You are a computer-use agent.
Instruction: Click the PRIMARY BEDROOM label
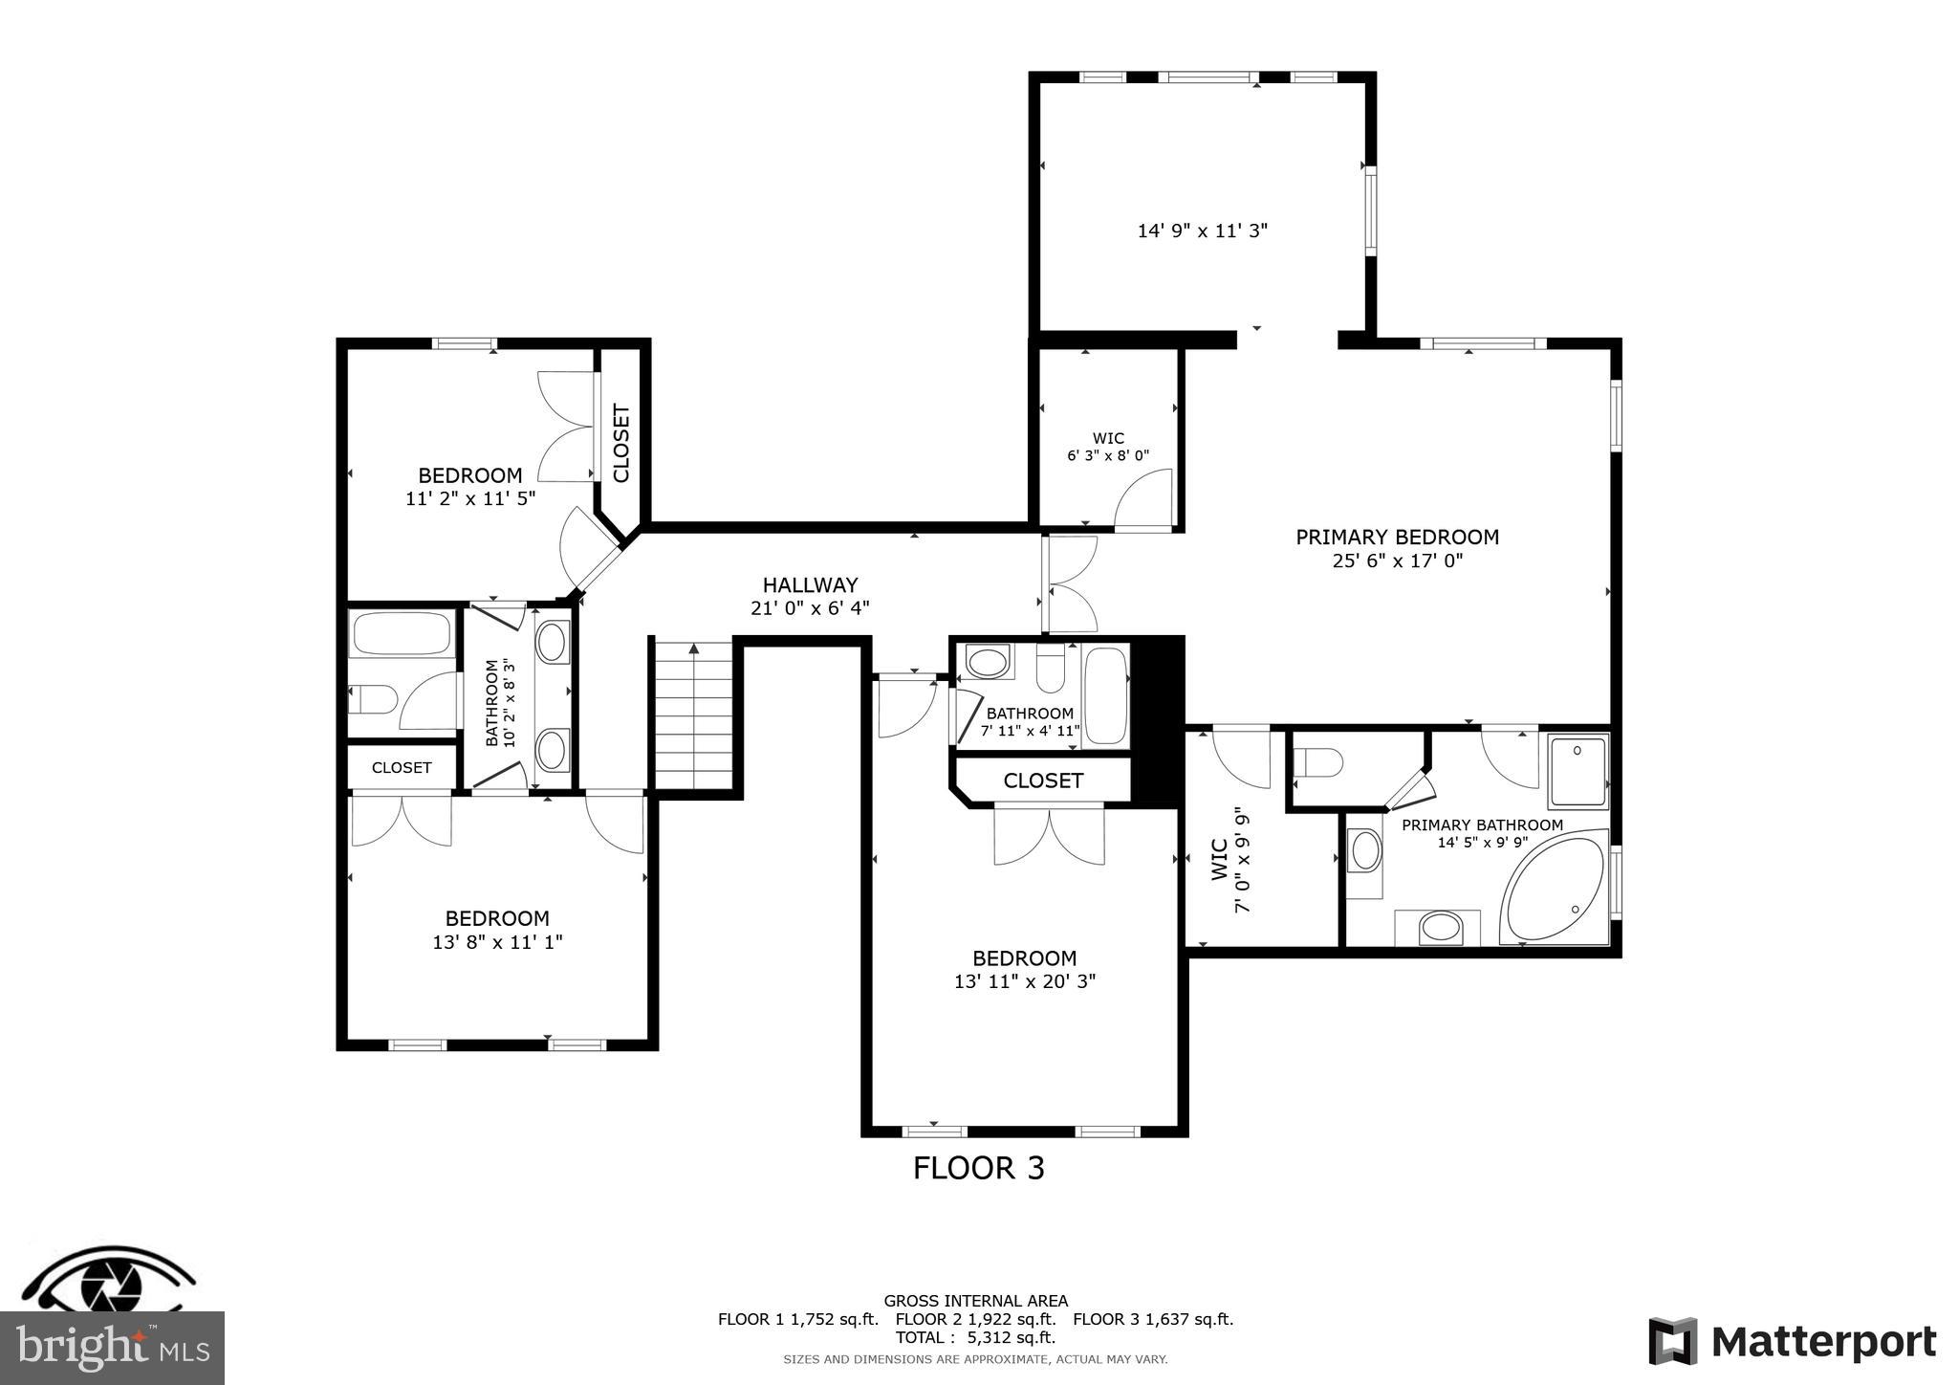click(x=1397, y=538)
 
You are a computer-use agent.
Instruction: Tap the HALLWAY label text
click(x=810, y=585)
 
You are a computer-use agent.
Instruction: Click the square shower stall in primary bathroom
click(x=1578, y=771)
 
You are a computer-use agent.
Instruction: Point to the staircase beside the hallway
click(x=694, y=714)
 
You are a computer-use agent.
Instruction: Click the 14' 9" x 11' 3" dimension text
click(x=1202, y=231)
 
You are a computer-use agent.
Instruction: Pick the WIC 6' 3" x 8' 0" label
click(x=1108, y=448)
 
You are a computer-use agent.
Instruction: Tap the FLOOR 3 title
click(x=978, y=1169)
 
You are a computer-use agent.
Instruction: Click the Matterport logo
click(x=1792, y=1341)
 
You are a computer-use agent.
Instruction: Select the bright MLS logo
click(x=112, y=1348)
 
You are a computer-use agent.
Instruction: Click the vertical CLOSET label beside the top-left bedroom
click(x=621, y=443)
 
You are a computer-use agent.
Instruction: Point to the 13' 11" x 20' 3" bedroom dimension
click(x=1024, y=981)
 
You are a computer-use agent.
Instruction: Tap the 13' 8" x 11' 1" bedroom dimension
click(x=497, y=942)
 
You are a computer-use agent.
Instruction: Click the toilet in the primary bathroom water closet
click(x=1317, y=763)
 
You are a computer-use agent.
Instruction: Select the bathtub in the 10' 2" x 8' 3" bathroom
click(x=402, y=632)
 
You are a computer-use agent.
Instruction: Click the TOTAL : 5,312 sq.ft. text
click(x=975, y=1337)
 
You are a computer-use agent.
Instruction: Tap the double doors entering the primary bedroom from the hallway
click(x=1070, y=583)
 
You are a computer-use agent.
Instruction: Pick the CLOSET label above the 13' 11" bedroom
click(x=1042, y=780)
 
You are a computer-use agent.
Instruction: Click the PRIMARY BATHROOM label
click(x=1482, y=824)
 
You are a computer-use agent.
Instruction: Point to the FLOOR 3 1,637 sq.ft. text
click(x=1152, y=1319)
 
